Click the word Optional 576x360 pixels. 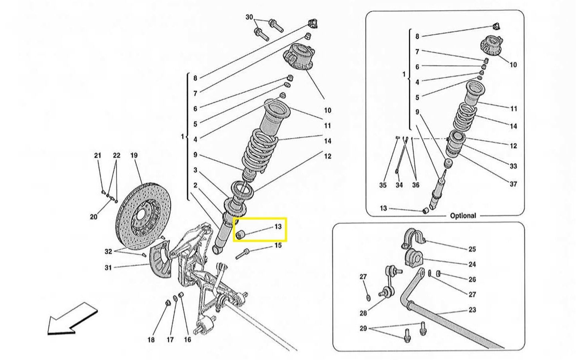[x=463, y=216]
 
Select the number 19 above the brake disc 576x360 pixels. [x=134, y=155]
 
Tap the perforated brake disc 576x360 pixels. [x=144, y=216]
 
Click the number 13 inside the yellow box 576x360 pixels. [x=278, y=227]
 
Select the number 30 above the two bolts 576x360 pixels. [x=249, y=17]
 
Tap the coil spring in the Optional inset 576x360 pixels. [x=465, y=117]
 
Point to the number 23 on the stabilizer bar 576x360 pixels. [x=472, y=310]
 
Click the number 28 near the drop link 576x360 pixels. [x=363, y=313]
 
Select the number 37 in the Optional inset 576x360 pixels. [x=513, y=184]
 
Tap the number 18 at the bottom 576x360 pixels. [x=151, y=340]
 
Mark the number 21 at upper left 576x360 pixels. [x=97, y=155]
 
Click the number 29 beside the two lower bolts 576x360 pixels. [x=363, y=329]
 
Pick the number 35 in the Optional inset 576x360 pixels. [x=383, y=185]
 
